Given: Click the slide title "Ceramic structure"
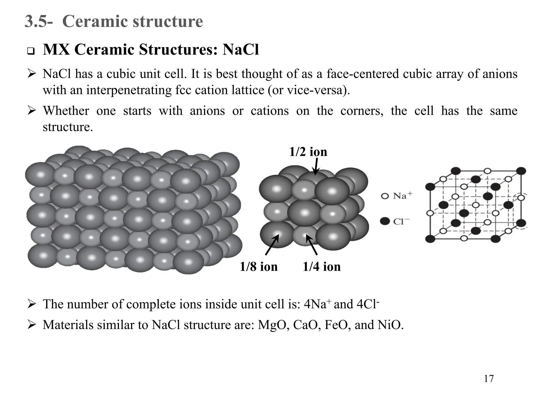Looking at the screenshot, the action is pos(132,21).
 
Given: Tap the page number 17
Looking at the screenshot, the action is pos(489,379).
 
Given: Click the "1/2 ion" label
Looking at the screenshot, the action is pos(308,152).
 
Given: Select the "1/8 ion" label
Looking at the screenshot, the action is pos(258,267).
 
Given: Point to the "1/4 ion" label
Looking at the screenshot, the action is pos(321,267).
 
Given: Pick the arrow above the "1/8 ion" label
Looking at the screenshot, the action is pos(272,245).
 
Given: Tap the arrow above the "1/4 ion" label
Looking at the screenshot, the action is pos(311,245).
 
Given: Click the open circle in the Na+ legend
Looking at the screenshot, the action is pos(385,196).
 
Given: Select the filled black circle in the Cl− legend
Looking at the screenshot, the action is pos(385,221).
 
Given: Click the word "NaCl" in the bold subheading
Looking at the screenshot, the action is pos(240,50).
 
